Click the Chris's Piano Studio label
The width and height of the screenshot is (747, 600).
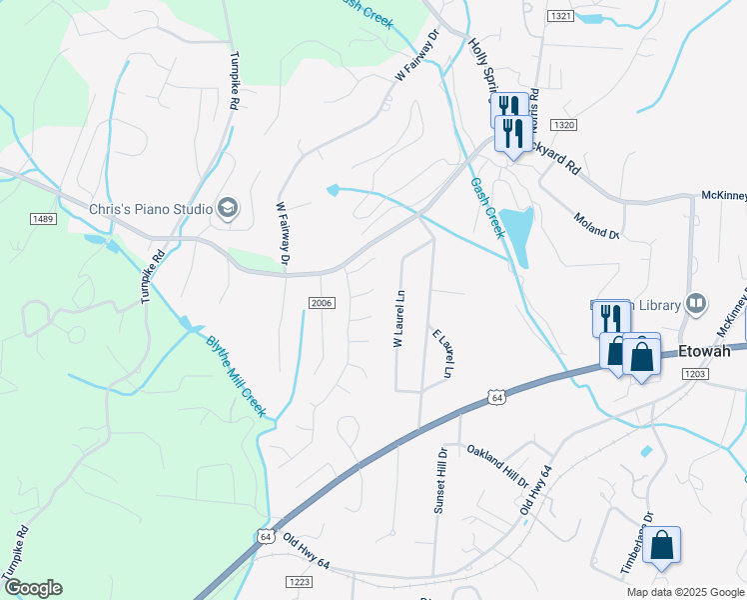click(151, 209)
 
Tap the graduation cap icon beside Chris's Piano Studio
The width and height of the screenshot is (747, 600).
click(229, 208)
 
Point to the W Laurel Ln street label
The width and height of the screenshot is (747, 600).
click(398, 319)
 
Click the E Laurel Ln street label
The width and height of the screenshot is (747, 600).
click(442, 353)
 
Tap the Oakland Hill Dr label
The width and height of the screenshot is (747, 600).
click(497, 466)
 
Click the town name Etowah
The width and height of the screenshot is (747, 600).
click(712, 351)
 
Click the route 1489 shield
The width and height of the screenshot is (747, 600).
click(42, 218)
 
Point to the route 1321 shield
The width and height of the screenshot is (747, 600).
click(560, 16)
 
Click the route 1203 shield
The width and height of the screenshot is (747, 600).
click(695, 372)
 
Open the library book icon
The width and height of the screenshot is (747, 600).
click(697, 303)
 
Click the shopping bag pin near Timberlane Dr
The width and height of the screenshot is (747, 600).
click(661, 546)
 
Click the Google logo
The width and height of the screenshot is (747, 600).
click(33, 588)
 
